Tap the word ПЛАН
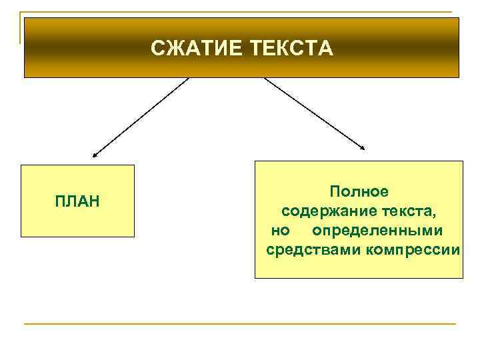(77, 201)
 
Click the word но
(280, 231)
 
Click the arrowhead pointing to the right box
(363, 148)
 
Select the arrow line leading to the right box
(313, 112)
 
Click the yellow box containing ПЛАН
(77, 220)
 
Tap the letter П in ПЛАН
(60, 201)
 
